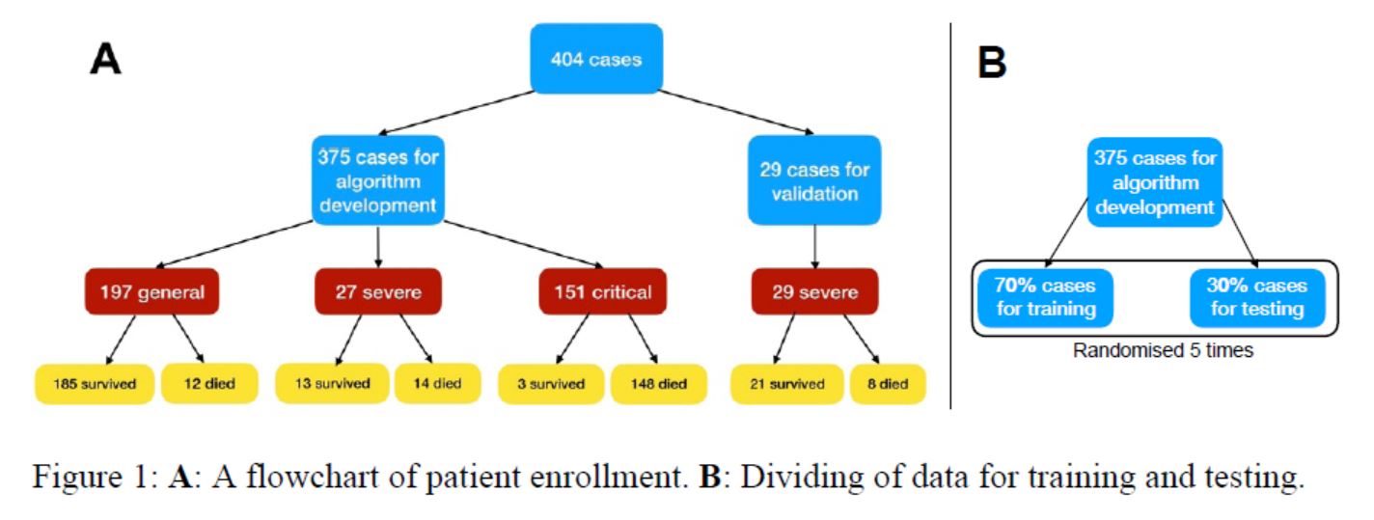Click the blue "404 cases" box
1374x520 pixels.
click(x=595, y=60)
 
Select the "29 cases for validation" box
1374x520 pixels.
click(x=813, y=180)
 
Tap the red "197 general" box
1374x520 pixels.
click(x=152, y=291)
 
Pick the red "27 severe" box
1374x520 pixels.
click(x=377, y=291)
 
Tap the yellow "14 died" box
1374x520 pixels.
click(x=436, y=383)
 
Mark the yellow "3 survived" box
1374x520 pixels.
click(x=550, y=383)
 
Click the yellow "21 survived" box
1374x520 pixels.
click(x=786, y=383)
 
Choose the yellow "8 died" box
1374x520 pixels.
click(x=887, y=383)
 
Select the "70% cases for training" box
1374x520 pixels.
click(x=1046, y=297)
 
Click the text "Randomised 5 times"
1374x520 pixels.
click(x=1163, y=351)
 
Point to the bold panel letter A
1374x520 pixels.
click(x=105, y=60)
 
